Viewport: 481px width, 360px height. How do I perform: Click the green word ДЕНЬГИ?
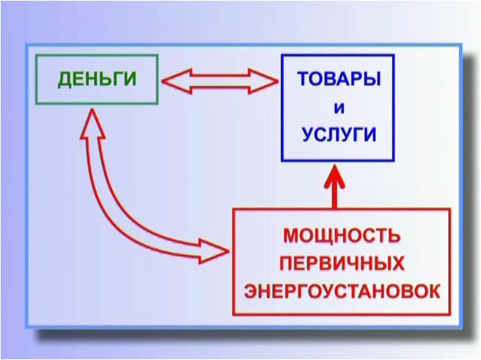coord(97,79)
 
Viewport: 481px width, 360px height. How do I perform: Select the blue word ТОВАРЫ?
coord(339,78)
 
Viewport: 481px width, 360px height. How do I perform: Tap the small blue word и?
coord(339,108)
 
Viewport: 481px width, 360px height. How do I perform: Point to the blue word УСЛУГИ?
coord(339,134)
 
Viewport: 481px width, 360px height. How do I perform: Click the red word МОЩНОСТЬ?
coord(342,236)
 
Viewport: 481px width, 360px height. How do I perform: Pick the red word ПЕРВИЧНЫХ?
coord(342,264)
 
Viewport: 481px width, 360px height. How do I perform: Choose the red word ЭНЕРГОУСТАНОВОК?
coord(342,291)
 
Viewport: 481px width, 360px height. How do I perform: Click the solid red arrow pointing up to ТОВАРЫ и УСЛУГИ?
coord(335,187)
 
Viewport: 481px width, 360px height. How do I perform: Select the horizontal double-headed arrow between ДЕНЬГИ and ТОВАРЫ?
coord(220,81)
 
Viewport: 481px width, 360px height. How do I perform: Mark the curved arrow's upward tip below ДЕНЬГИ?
coord(92,108)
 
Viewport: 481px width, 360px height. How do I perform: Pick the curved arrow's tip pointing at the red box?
coord(229,252)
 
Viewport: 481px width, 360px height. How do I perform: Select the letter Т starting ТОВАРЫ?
coord(304,78)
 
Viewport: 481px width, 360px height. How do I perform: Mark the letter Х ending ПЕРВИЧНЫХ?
coord(398,264)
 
